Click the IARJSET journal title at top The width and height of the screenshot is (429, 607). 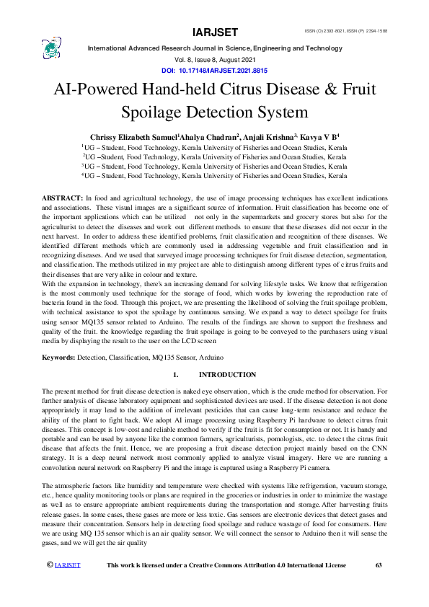coord(216,32)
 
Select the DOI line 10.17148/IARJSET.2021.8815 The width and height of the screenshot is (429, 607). coord(214,71)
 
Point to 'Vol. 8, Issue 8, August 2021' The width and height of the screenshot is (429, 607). coord(215,60)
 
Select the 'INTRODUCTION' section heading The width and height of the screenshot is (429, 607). coord(227,375)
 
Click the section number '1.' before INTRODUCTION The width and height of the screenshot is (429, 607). coord(176,375)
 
